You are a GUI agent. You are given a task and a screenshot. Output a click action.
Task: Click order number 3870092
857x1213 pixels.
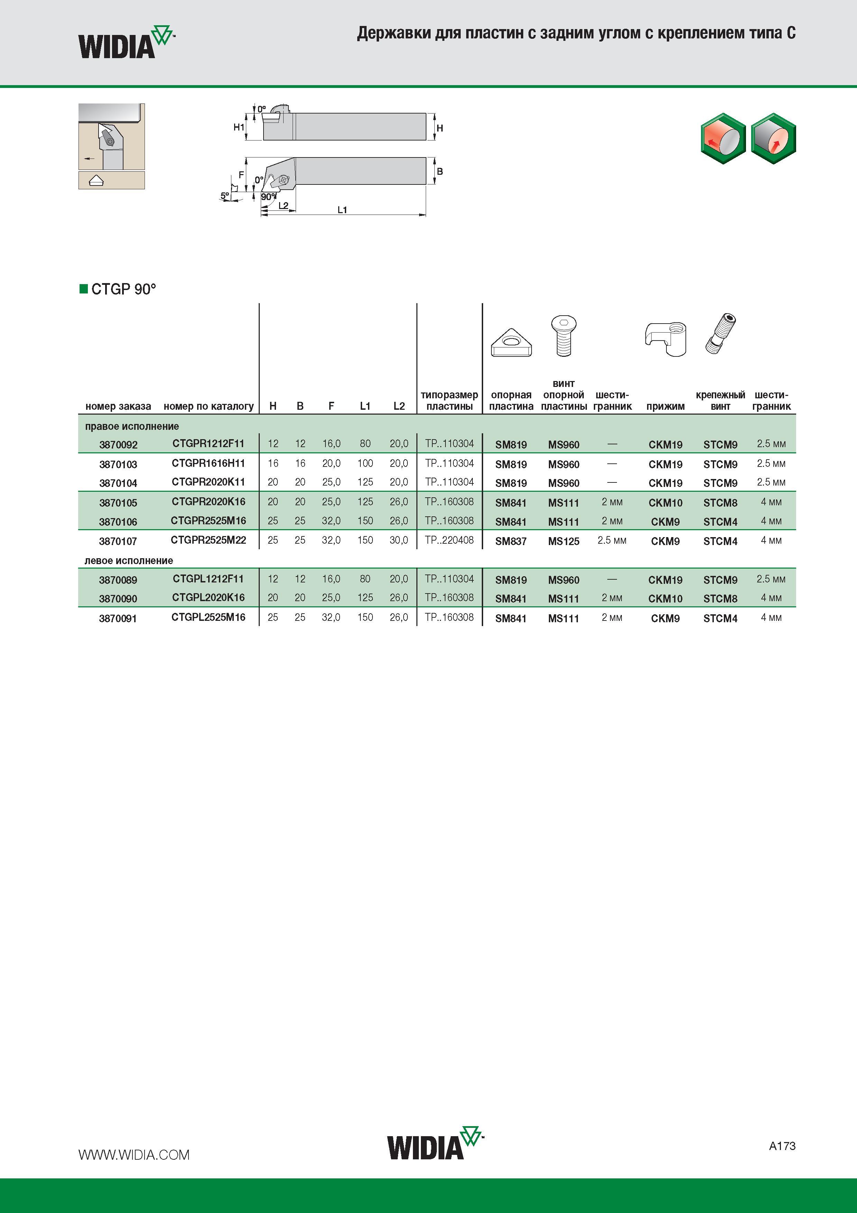[x=118, y=445]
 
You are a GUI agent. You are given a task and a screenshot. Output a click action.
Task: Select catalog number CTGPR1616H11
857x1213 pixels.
[x=208, y=463]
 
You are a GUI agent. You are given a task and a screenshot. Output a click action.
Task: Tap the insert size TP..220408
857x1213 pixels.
[x=449, y=540]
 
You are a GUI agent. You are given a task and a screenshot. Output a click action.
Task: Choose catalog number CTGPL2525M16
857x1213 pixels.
[x=208, y=617]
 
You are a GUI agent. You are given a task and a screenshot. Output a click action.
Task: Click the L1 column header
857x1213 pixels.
[x=365, y=406]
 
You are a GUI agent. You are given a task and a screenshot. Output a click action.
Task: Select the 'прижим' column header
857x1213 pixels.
[x=665, y=406]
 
